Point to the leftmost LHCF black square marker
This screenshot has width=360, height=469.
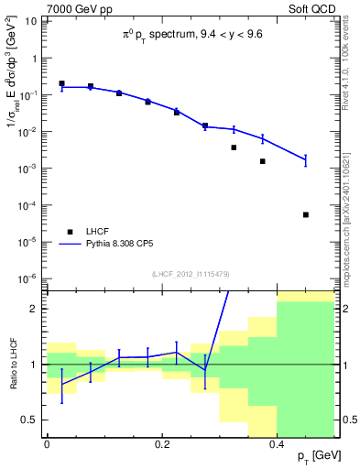tap(61, 83)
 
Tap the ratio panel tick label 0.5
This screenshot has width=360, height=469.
tap(29, 420)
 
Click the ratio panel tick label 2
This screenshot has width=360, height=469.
tap(35, 309)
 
